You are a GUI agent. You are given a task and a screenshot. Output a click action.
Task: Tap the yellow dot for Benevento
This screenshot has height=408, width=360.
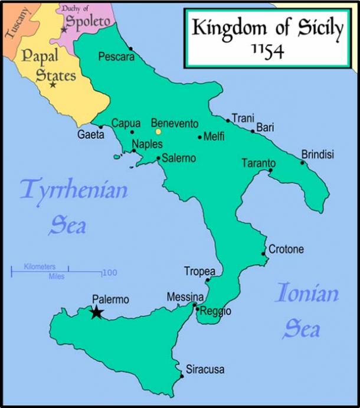158,132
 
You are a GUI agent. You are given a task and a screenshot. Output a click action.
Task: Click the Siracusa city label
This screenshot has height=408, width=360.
205,370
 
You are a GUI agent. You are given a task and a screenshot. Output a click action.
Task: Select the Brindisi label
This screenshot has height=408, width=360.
318,155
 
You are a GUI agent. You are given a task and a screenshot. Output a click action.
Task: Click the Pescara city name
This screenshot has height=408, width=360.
116,57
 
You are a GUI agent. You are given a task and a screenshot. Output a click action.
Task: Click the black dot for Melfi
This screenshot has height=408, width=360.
199,137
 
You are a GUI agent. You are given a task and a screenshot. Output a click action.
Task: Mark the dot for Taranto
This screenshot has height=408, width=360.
270,171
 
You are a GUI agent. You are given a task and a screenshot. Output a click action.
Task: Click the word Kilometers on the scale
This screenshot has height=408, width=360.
40,267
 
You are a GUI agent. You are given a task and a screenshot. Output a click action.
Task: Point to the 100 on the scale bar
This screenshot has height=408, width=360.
109,273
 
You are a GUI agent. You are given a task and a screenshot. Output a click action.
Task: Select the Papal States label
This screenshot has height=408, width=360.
48,66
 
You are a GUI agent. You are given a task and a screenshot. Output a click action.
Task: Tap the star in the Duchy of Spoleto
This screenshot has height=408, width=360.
64,30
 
